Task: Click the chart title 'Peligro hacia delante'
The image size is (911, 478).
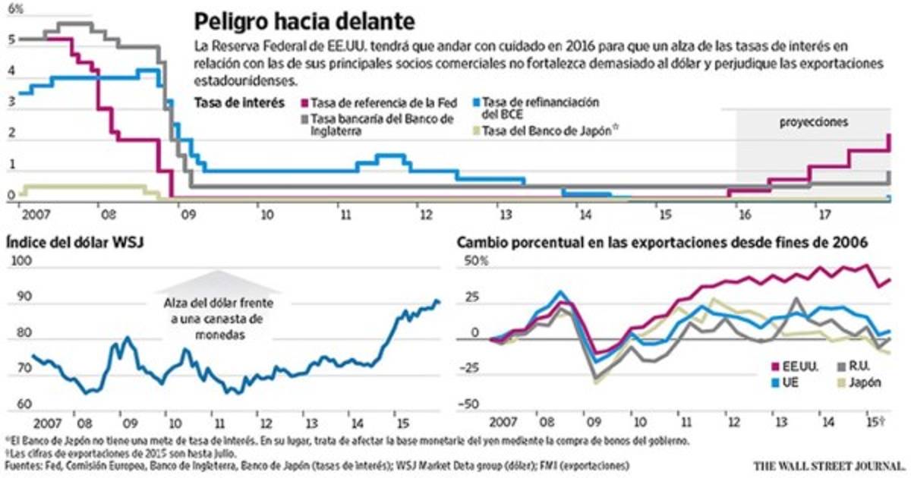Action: coord(304,20)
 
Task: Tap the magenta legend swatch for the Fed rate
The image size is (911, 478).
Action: coord(306,102)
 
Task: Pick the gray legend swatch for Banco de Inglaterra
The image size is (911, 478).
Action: coord(306,119)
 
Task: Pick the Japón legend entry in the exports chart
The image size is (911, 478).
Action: coord(865,382)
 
